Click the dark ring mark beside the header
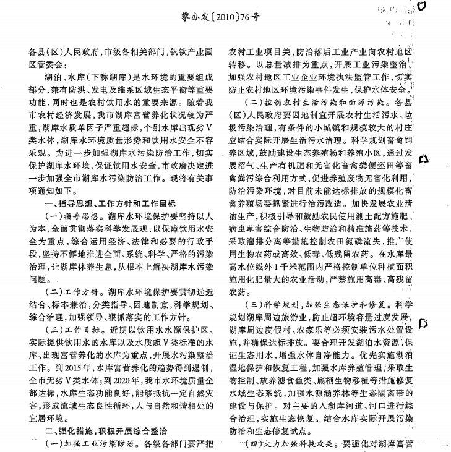438,7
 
